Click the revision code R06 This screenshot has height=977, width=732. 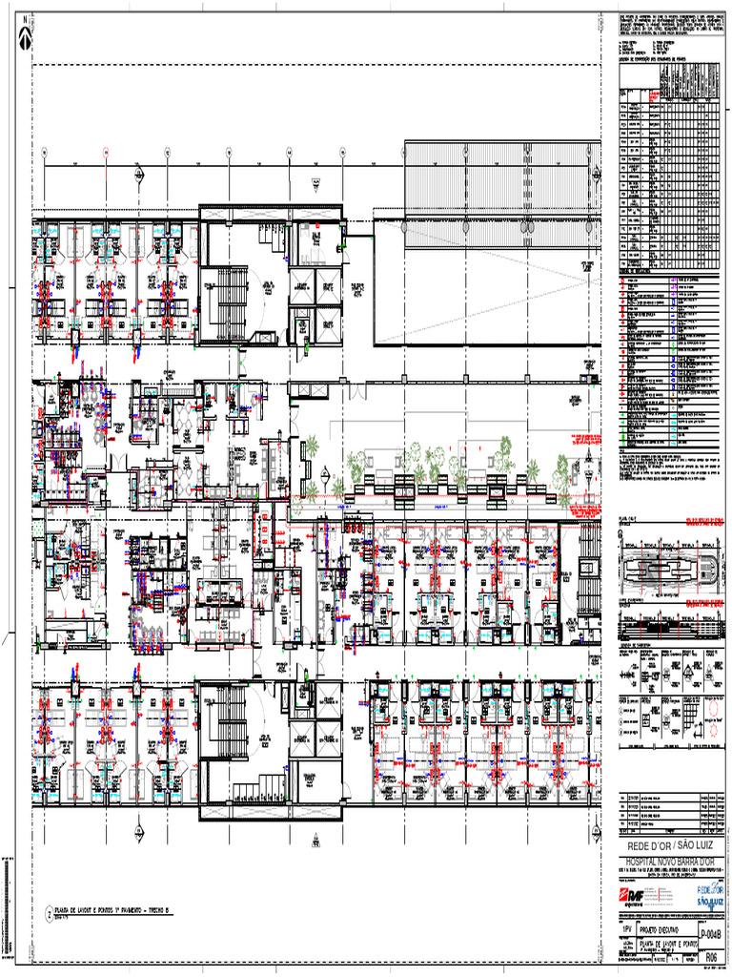[713, 956]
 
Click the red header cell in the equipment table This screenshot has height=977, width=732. [654, 96]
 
